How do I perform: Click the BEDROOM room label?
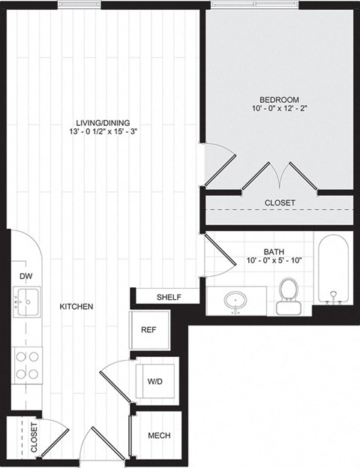pos(279,100)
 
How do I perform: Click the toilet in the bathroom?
pos(288,295)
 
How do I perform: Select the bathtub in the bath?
pos(332,270)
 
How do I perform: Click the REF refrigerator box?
pos(149,329)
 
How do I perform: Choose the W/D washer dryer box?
pos(155,381)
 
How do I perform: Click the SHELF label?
pos(169,297)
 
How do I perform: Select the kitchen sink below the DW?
pos(27,302)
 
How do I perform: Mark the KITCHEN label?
pos(76,307)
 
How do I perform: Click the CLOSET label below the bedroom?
pos(280,203)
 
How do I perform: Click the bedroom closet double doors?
pos(279,177)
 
